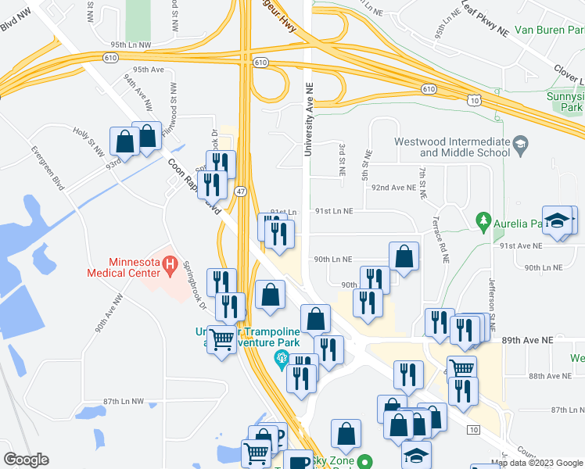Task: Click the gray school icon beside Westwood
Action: [521, 144]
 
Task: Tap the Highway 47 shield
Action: [241, 191]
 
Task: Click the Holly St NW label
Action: [89, 141]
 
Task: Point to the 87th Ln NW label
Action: [124, 401]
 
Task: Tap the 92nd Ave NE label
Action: [393, 188]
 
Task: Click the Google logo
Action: [26, 459]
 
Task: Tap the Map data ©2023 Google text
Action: [537, 463]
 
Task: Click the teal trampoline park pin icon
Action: [281, 359]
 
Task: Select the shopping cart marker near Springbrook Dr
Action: [222, 339]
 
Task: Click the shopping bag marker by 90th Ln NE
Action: [404, 256]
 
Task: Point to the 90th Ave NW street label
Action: [109, 313]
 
